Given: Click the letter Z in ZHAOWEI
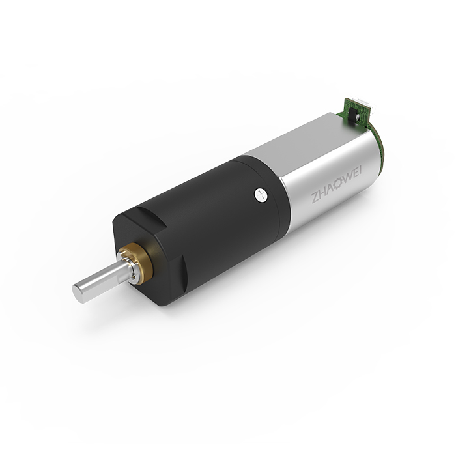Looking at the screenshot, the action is pos(315,198).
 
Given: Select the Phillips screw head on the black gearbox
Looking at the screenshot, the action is pos(261,194).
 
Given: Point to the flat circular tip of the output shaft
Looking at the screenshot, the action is pos(78,294).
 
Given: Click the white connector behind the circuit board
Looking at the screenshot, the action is pos(367,106).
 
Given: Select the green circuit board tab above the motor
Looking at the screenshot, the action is pos(356,113).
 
